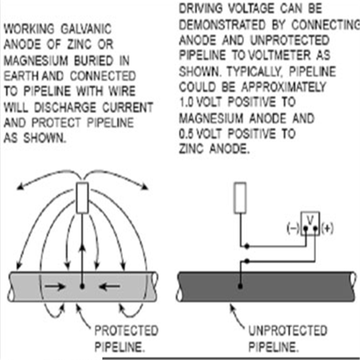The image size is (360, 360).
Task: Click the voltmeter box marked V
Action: click(310, 223)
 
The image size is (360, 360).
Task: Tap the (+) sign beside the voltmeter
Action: click(327, 228)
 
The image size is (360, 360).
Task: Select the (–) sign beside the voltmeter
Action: click(293, 228)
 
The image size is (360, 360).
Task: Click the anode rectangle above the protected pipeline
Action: click(82, 198)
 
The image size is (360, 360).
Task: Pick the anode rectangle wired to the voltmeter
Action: click(240, 198)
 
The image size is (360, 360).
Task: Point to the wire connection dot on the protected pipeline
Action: click(82, 286)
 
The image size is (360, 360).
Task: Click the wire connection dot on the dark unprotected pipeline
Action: click(240, 286)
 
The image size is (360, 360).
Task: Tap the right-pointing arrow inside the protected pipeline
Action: click(55, 286)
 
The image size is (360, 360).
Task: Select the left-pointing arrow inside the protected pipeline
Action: click(109, 286)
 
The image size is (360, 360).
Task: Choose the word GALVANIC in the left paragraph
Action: click(86, 29)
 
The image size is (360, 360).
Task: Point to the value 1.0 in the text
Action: click(187, 102)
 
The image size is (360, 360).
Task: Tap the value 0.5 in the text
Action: click(187, 134)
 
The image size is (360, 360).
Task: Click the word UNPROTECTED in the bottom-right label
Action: click(288, 331)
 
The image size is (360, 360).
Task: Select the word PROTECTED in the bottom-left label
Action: click(126, 331)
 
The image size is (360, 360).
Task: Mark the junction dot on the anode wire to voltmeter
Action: click(247, 246)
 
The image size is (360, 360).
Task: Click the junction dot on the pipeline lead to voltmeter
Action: click(247, 261)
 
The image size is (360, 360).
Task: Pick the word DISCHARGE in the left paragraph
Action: click(65, 107)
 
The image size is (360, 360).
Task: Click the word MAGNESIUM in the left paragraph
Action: click(36, 60)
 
